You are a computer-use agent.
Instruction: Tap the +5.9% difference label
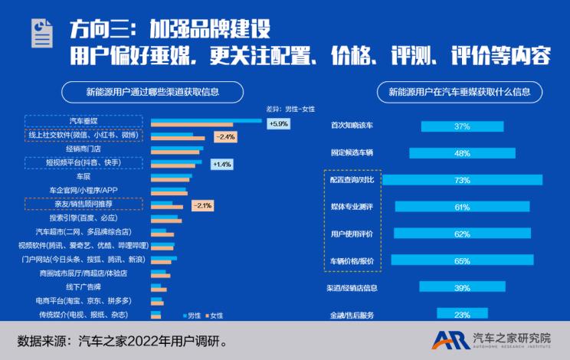(x=277, y=123)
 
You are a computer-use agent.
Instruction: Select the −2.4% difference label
(x=224, y=137)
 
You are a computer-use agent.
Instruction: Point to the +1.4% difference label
(x=221, y=164)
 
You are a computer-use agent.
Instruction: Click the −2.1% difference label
(x=203, y=205)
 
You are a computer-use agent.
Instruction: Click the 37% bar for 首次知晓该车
(x=461, y=126)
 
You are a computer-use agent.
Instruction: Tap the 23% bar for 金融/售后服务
(x=461, y=314)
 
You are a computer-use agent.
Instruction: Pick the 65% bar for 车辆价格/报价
(x=461, y=260)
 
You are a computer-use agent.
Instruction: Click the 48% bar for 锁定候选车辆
(x=461, y=153)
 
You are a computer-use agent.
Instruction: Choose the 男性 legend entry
(x=192, y=315)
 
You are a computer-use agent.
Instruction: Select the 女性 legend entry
(x=214, y=315)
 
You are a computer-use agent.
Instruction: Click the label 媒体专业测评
(x=352, y=207)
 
